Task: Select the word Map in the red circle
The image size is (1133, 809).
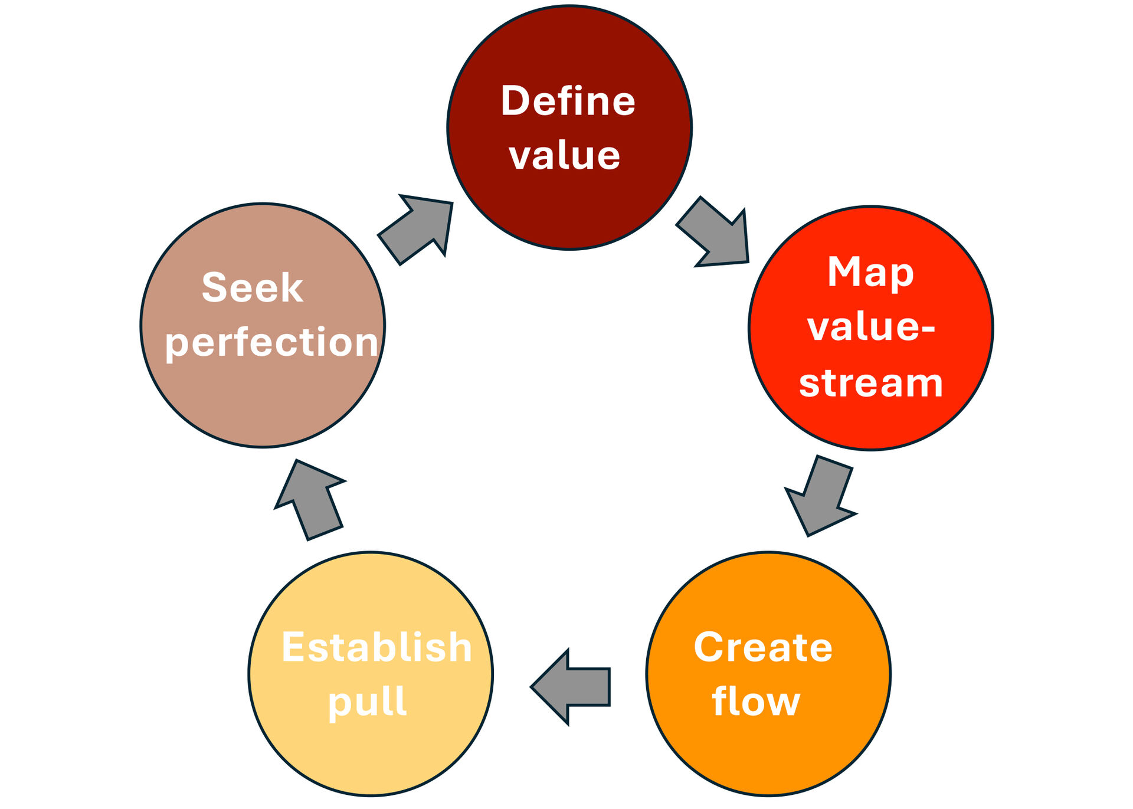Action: pos(870,273)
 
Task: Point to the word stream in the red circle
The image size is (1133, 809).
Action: pos(871,383)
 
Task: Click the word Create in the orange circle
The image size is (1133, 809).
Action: pos(763,647)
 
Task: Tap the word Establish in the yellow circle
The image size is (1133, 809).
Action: pos(376,647)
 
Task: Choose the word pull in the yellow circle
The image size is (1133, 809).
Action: pos(367,702)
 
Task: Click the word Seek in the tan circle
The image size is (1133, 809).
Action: pos(253,287)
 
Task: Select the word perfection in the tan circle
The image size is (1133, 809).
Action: pos(271,343)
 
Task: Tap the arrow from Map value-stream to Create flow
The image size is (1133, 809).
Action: pos(821,496)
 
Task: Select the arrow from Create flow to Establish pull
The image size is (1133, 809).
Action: pos(570,687)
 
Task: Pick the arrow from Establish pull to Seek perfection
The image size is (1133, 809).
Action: pos(310,500)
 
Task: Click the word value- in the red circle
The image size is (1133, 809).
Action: pos(871,327)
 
